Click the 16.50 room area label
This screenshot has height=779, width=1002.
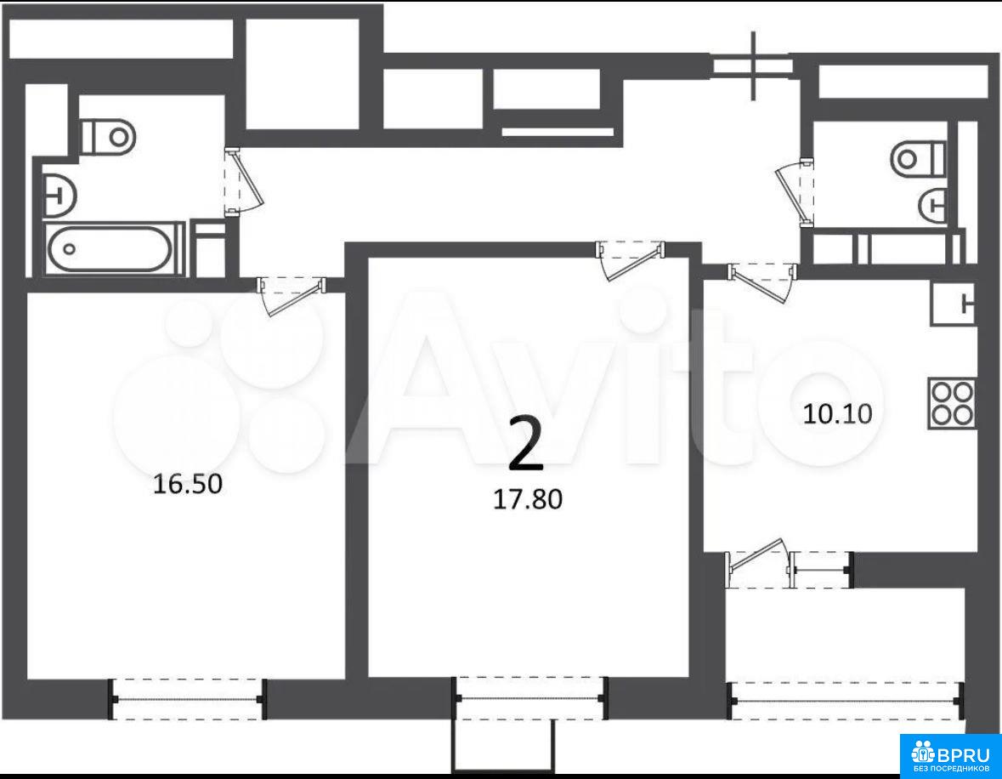188,484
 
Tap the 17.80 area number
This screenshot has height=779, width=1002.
528,499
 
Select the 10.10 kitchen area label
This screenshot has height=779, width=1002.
837,414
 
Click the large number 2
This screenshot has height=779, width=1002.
526,442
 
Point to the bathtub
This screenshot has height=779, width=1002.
110,249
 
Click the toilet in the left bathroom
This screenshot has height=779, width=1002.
109,136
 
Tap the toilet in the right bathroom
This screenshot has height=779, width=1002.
918,158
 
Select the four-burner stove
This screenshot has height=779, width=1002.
952,403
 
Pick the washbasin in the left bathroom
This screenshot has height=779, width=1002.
59,193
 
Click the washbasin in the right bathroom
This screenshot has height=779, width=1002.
933,205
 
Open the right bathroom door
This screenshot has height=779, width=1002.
795,193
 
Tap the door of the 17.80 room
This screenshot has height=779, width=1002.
630,260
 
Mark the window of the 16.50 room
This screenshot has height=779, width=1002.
188,699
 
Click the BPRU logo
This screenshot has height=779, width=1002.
951,755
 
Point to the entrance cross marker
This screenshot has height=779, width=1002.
754,65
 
